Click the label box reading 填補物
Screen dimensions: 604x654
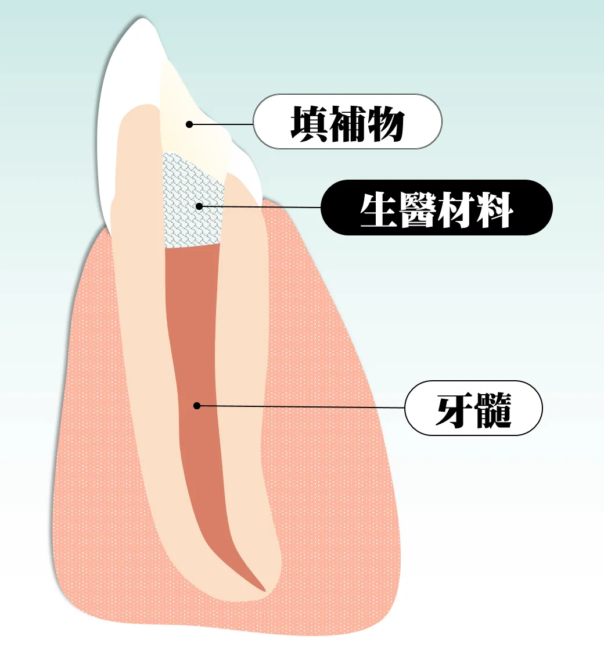tap(347, 121)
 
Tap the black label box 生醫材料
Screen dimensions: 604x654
tap(437, 208)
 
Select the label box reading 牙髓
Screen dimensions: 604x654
tap(474, 408)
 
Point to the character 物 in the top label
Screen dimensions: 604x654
tap(386, 123)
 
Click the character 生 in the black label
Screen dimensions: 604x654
tap(378, 209)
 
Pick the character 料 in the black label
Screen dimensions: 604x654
tap(495, 209)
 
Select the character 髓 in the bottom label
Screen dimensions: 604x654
tap(492, 410)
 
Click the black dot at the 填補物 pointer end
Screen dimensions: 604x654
tap(189, 124)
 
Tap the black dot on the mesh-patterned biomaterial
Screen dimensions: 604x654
tap(199, 206)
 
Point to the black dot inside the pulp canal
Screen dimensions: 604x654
tap(197, 405)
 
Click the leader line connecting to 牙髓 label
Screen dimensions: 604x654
tap(301, 406)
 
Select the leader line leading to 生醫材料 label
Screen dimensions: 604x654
tap(260, 206)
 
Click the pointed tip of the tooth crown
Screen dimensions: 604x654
tap(142, 18)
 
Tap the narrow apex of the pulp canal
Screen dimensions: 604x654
tap(264, 591)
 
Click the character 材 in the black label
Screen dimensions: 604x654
tap(456, 209)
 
